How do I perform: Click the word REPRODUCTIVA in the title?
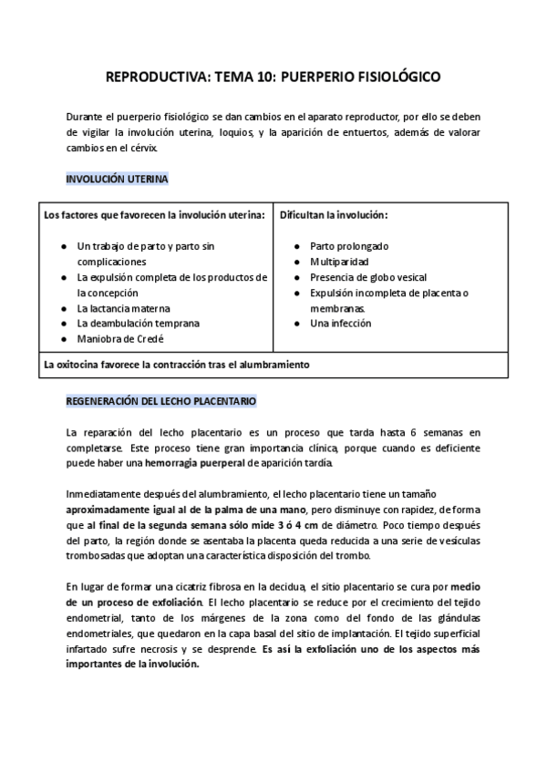pos(157,77)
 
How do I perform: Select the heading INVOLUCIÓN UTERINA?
pos(117,180)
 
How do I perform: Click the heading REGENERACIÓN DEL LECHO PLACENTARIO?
pos(161,400)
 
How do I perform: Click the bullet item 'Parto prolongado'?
pos(349,246)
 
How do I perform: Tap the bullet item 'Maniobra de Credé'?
pos(119,339)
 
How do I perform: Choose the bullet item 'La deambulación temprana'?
pos(138,324)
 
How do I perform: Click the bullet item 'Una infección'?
pos(340,324)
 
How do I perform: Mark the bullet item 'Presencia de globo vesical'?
pos(368,277)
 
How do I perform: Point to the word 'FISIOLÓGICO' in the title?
pos(394,77)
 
